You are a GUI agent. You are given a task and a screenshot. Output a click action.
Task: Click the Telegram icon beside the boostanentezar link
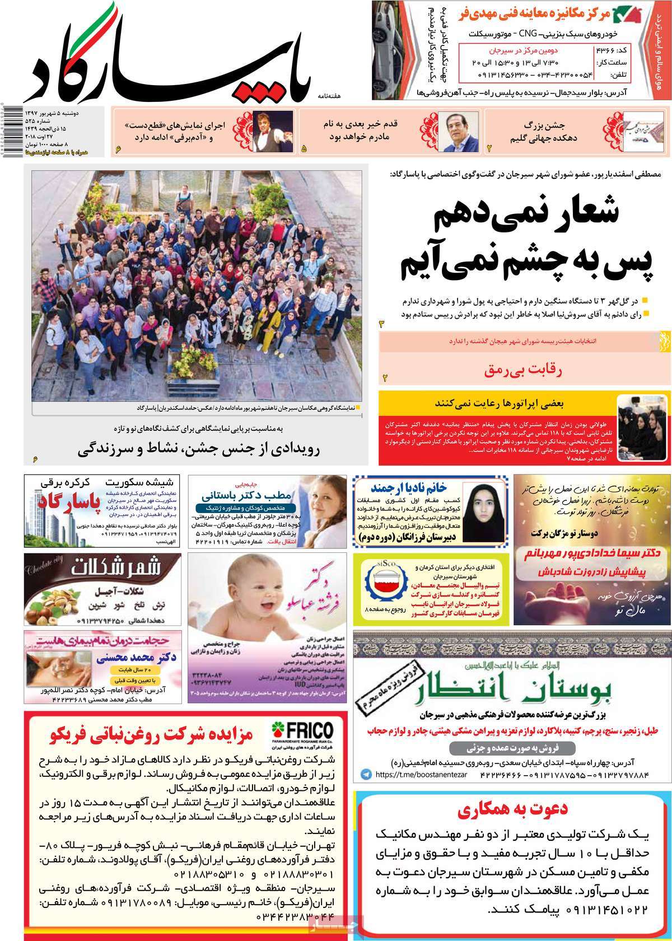click(x=366, y=774)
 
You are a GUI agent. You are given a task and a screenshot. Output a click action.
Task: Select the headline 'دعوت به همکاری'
click(x=512, y=809)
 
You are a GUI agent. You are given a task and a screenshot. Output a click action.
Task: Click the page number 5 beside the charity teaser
click(x=304, y=149)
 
